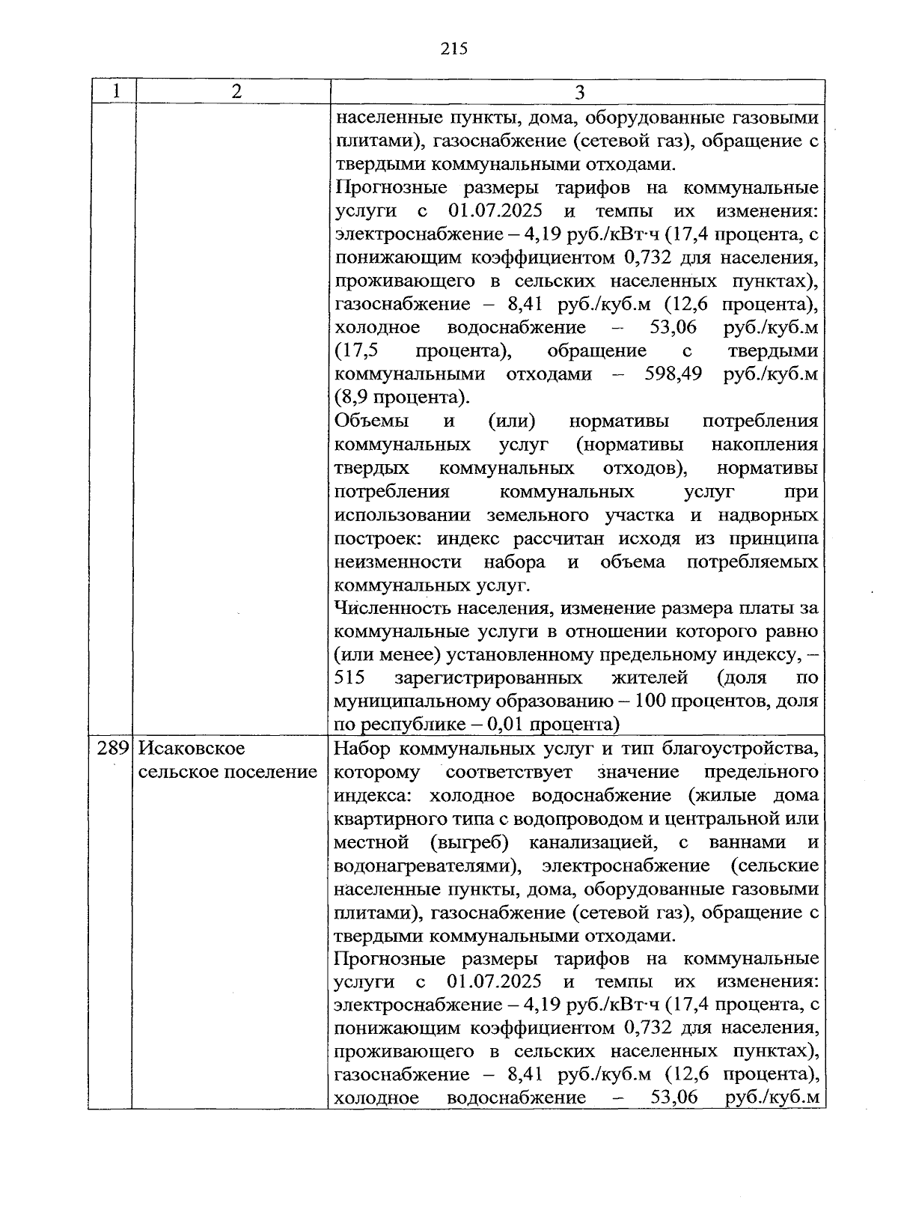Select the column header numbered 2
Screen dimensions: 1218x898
(236, 91)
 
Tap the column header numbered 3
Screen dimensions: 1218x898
(579, 93)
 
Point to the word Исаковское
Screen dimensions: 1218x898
(192, 748)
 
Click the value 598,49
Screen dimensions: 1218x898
(673, 374)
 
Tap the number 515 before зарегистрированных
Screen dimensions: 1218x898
(349, 678)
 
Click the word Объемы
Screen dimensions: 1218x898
(372, 421)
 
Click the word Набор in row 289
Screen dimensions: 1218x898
(361, 748)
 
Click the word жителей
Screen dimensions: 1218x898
(650, 678)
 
